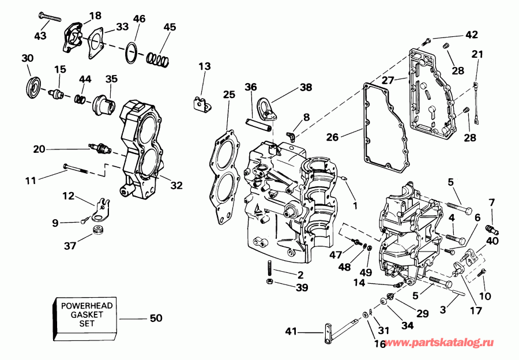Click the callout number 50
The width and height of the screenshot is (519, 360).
pyautogui.click(x=156, y=318)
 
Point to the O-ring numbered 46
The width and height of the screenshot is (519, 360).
pyautogui.click(x=132, y=53)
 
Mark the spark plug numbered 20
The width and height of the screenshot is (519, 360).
pyautogui.click(x=98, y=149)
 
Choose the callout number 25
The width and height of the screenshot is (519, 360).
pyautogui.click(x=229, y=94)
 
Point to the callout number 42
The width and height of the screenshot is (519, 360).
pyautogui.click(x=471, y=35)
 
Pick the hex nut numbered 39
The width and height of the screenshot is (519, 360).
pyautogui.click(x=269, y=281)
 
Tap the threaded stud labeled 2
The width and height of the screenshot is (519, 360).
pyautogui.click(x=269, y=268)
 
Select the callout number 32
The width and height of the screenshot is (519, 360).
pyautogui.click(x=176, y=185)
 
